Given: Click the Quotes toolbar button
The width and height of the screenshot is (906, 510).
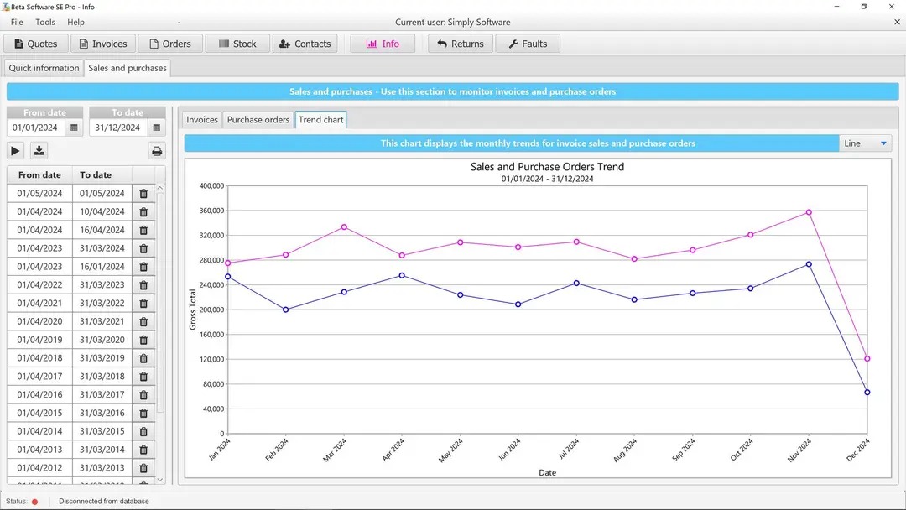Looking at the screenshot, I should click(36, 44).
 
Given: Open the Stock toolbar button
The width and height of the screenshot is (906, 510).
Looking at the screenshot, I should click(237, 44).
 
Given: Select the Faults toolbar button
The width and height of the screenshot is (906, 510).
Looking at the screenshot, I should click(527, 44).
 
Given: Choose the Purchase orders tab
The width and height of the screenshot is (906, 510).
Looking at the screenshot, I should click(258, 120).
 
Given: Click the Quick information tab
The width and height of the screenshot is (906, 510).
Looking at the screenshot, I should click(44, 68).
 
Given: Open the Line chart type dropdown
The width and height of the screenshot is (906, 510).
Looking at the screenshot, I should click(865, 143).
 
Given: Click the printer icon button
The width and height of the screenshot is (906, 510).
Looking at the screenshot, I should click(156, 151).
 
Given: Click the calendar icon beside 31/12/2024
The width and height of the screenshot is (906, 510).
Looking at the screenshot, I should click(156, 127).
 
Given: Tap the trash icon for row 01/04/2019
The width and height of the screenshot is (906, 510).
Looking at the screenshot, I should click(143, 340).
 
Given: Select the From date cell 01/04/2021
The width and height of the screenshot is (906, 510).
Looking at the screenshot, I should click(39, 303).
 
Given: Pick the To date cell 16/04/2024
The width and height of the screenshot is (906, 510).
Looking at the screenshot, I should click(102, 230).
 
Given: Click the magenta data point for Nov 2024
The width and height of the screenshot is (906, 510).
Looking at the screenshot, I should click(809, 212).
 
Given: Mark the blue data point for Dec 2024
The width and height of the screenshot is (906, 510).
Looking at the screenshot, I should click(867, 392).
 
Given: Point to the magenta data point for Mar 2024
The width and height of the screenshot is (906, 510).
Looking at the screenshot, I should click(344, 226).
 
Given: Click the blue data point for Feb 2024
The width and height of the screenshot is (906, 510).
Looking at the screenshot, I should click(286, 310).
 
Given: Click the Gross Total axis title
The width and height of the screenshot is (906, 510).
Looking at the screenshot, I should click(192, 310).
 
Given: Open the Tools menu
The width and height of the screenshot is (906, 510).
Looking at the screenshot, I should click(45, 22).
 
